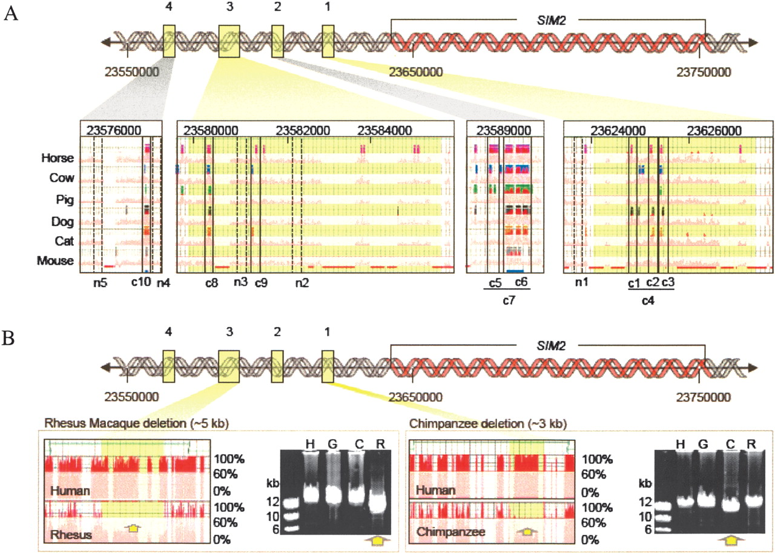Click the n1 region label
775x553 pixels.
click(581, 282)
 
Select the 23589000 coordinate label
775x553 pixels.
click(505, 130)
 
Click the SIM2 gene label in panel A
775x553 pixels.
click(547, 19)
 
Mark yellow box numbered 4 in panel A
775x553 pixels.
click(169, 41)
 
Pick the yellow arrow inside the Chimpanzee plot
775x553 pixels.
click(528, 532)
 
